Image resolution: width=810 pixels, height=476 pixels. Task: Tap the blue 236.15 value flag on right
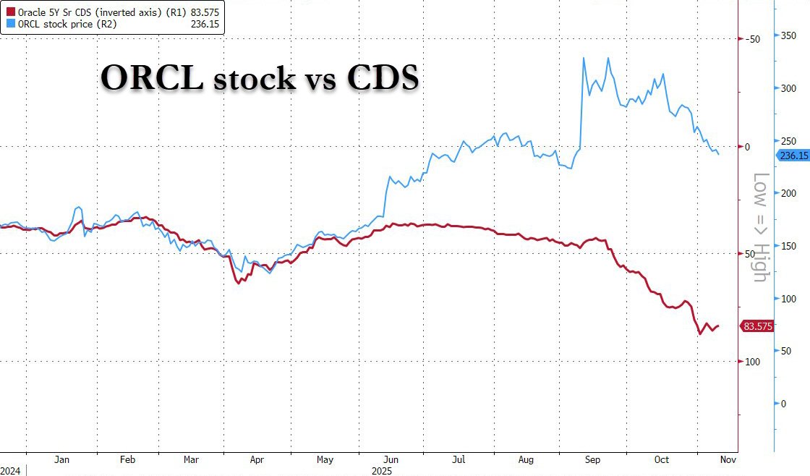point(791,156)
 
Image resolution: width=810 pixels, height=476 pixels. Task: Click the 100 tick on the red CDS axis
point(752,361)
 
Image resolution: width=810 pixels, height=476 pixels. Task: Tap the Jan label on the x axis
point(61,459)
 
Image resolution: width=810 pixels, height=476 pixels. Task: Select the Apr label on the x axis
point(257,459)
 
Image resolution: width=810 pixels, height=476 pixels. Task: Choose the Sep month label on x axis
point(592,459)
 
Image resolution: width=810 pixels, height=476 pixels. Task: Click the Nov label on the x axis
point(728,459)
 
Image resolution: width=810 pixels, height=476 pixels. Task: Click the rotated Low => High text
point(759,227)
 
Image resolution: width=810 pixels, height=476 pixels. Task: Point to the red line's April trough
point(239,282)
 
